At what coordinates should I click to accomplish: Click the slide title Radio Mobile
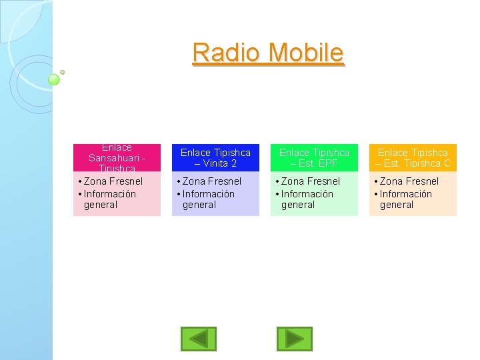268,53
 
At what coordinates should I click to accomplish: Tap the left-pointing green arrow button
199,339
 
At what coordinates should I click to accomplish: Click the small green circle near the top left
55,79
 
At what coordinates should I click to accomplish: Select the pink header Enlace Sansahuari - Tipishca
117,158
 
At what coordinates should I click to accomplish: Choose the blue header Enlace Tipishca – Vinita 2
215,158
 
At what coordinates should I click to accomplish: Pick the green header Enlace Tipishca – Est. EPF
314,158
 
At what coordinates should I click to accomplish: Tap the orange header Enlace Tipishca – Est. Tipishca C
413,158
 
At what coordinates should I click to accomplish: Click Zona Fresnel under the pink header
113,181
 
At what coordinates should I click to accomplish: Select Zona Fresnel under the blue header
211,181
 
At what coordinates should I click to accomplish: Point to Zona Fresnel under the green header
310,181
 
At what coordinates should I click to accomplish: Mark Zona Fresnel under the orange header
409,181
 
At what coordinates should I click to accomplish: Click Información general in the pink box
109,199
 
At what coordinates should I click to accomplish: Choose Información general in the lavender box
208,199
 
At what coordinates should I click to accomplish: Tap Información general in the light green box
307,199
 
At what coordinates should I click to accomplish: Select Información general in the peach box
405,199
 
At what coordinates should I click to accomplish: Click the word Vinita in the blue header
216,163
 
